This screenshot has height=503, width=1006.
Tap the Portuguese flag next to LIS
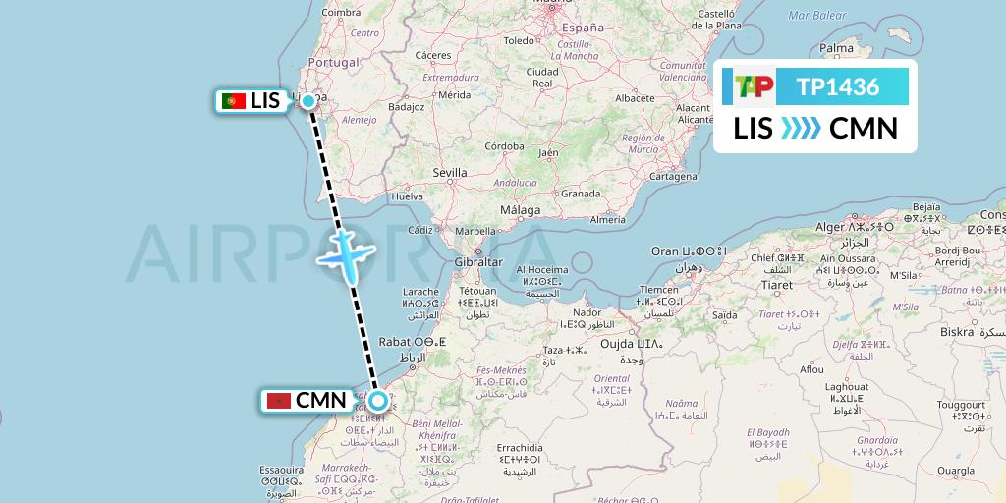click(234, 101)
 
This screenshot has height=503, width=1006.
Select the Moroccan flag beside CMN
click(279, 401)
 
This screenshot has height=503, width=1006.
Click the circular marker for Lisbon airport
click(308, 100)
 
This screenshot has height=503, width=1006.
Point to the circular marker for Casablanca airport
click(377, 401)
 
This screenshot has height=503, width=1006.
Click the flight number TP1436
click(838, 87)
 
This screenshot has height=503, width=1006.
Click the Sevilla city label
click(449, 173)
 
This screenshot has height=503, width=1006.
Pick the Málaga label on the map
click(520, 210)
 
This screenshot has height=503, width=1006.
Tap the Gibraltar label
click(478, 262)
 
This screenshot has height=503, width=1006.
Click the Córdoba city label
click(504, 145)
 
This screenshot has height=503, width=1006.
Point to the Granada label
click(581, 194)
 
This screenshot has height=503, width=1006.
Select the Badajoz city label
click(406, 107)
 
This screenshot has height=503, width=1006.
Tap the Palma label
click(837, 47)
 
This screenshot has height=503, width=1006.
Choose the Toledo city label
click(519, 40)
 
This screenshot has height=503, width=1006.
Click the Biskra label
click(956, 332)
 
